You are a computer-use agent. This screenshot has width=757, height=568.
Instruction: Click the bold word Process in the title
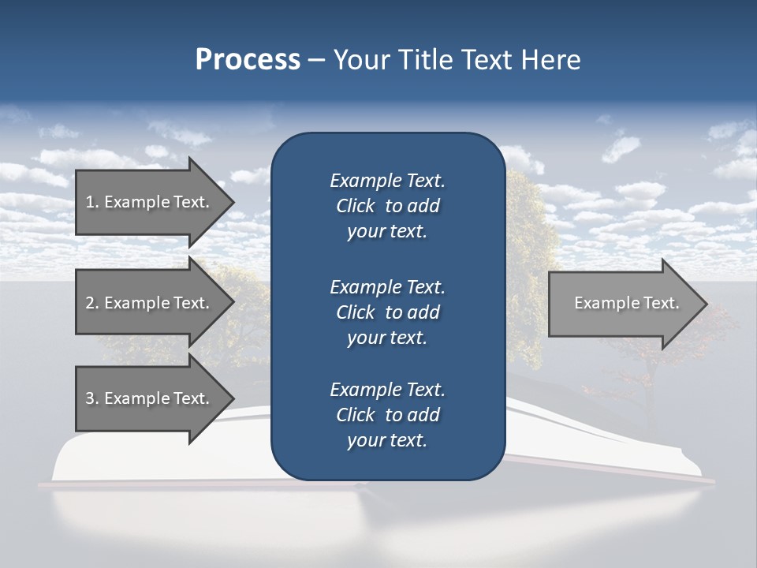point(248,59)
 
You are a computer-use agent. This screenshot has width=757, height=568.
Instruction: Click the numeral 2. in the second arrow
point(92,303)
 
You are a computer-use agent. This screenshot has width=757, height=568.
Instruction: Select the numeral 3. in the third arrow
point(92,398)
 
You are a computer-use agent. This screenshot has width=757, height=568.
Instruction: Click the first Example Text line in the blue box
point(387,181)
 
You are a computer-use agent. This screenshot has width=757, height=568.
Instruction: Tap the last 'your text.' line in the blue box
point(387,441)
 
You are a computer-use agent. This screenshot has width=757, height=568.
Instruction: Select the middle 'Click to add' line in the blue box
point(387,312)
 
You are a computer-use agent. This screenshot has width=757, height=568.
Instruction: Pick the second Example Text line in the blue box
point(387,287)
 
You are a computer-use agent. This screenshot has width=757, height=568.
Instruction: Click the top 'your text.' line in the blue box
point(387,232)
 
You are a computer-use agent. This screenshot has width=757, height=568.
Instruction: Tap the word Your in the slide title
point(362,59)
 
